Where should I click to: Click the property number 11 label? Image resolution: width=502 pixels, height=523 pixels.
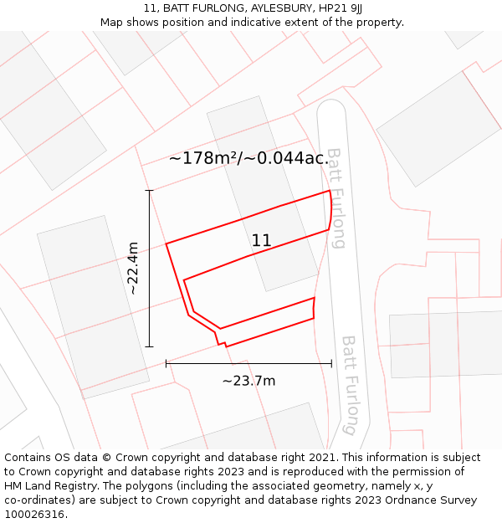[261, 240]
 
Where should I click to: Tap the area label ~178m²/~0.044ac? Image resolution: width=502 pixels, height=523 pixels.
[248, 158]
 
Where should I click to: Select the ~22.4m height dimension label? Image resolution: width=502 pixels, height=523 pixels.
[132, 269]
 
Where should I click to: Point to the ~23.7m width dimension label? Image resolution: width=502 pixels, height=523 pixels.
[248, 381]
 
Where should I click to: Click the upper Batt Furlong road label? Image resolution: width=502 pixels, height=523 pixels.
[336, 198]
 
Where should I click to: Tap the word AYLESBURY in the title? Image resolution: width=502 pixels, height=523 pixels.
[268, 8]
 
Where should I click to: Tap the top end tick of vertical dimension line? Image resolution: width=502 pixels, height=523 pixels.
[150, 191]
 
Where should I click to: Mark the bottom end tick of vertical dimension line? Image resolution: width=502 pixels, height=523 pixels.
[150, 346]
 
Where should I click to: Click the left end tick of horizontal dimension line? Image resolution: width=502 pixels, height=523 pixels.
[166, 363]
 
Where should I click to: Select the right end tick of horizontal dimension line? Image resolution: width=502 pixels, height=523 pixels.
[332, 363]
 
